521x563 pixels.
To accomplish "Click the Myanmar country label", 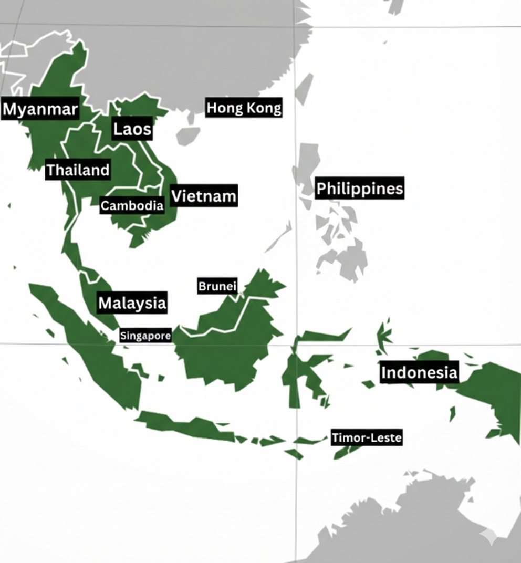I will pos(40,109).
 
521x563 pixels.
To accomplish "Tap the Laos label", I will pos(132,129).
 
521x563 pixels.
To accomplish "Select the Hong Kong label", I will pos(244,108).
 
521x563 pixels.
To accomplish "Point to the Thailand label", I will pos(78,170).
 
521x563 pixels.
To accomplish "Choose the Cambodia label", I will pos(132,205).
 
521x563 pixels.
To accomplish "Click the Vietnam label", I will pos(204,196).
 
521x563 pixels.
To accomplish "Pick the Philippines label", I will pos(359,188).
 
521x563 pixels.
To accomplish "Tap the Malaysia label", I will pos(132,303).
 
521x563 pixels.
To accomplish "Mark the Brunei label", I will pos(217,287).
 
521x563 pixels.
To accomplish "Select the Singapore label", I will pos(145,336).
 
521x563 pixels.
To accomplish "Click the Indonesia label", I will pos(419,372).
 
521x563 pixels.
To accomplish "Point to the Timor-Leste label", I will pos(367,437).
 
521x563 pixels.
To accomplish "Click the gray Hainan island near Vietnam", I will pos(187,135).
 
